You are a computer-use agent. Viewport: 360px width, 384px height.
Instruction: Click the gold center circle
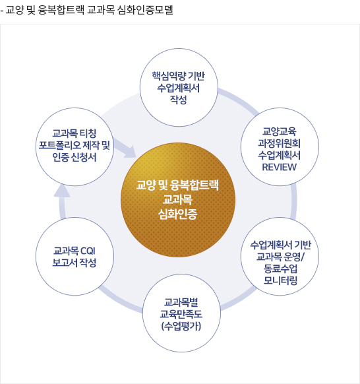[178, 200]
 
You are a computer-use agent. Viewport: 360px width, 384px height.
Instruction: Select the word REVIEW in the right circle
[280, 167]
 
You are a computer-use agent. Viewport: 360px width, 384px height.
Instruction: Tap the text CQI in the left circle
[88, 251]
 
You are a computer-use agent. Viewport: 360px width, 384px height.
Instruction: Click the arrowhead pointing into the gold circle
[130, 152]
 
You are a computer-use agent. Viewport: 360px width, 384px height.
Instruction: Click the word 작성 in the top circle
[179, 100]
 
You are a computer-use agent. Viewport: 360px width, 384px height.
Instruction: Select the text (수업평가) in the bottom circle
[181, 326]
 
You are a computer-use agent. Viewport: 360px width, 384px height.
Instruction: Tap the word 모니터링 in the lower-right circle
[280, 280]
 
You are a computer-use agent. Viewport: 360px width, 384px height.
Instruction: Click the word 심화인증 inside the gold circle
[177, 214]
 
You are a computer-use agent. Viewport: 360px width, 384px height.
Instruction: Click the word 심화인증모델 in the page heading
[145, 10]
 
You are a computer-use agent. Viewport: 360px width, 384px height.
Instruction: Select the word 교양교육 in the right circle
[280, 131]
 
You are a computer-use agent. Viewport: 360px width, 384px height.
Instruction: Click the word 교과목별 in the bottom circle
[181, 302]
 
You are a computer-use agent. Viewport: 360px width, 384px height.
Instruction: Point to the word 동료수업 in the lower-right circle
[280, 269]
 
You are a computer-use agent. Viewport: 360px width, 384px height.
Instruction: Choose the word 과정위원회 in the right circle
[280, 143]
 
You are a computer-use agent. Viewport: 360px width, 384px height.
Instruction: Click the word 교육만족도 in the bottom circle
[181, 314]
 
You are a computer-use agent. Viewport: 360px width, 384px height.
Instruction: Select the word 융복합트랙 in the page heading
[61, 10]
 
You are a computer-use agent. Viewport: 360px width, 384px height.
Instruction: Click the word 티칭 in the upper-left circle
[88, 133]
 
